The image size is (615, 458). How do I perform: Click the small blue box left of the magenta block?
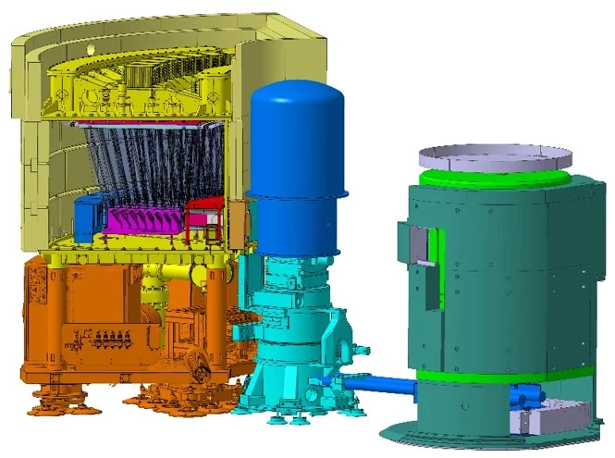[88, 215]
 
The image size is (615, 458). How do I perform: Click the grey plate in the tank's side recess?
[421, 246]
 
